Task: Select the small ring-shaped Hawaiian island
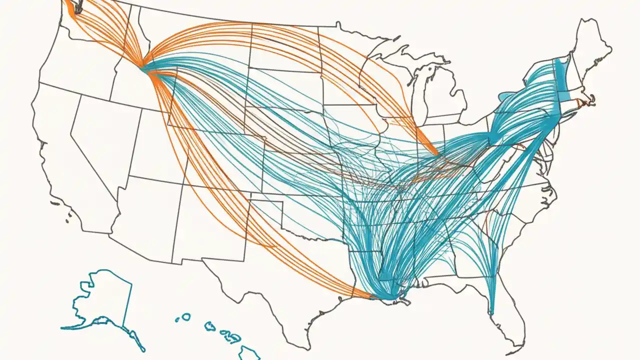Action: [185, 316]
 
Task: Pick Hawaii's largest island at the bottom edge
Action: [249, 352]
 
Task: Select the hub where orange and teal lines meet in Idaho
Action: [143, 67]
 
